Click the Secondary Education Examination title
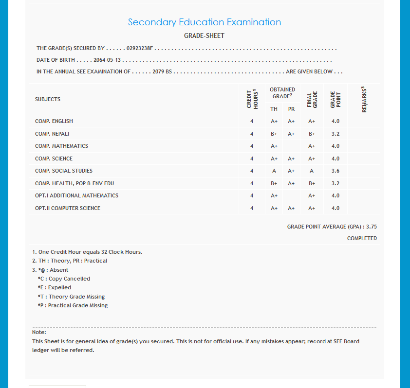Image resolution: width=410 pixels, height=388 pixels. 204,22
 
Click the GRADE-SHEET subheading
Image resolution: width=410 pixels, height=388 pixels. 204,36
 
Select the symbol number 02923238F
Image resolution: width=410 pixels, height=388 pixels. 140,49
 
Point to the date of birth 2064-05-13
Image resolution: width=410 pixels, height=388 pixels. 107,60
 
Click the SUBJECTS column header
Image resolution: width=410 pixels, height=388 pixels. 48,99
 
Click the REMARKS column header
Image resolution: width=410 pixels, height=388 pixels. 364,99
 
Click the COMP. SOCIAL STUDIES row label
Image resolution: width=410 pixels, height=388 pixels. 64,171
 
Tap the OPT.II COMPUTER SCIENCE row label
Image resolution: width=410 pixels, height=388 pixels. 68,208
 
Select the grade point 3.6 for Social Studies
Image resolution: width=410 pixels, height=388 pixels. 335,171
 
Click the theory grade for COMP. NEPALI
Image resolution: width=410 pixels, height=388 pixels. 274,134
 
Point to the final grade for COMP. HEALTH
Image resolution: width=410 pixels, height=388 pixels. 312,183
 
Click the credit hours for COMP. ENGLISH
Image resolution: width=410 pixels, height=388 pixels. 252,121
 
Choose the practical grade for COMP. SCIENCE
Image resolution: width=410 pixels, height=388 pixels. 291,159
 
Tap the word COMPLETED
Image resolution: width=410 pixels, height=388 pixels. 362,238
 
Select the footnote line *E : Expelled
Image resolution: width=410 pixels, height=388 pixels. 54,287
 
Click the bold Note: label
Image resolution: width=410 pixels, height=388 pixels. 39,332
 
